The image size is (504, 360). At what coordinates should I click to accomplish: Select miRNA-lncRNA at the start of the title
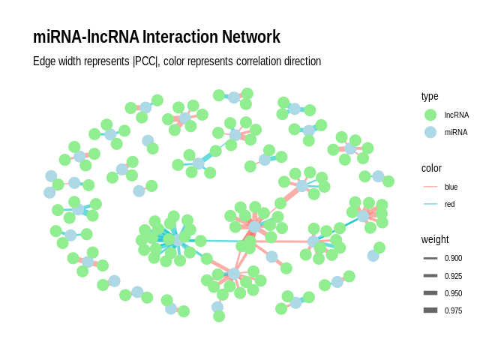tap(86, 37)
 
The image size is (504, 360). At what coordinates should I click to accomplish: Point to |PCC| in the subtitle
tap(145, 61)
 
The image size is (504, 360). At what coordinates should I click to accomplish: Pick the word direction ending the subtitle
tap(302, 61)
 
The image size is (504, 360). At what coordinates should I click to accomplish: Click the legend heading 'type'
tap(430, 96)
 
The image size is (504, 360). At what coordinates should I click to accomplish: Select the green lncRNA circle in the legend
tap(430, 115)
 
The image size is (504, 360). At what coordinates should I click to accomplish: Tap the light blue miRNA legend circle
tap(430, 132)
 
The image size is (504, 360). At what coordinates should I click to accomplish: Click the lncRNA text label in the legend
tap(457, 115)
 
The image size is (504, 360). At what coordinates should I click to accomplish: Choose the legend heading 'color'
tap(431, 168)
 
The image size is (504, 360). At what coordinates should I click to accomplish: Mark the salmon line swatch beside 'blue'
tap(430, 187)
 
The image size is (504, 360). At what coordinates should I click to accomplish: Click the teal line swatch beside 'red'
tap(430, 204)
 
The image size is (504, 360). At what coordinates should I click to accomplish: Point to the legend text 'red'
tap(449, 204)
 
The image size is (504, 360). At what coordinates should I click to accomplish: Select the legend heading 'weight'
tap(435, 239)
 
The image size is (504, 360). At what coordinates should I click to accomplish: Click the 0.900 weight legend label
tap(453, 258)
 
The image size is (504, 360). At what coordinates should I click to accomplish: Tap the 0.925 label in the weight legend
tap(453, 276)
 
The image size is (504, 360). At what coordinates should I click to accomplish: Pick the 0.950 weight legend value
tap(453, 293)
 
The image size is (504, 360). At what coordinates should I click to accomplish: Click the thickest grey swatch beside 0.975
tap(430, 310)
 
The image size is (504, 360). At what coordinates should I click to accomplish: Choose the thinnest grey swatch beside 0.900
tap(430, 258)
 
